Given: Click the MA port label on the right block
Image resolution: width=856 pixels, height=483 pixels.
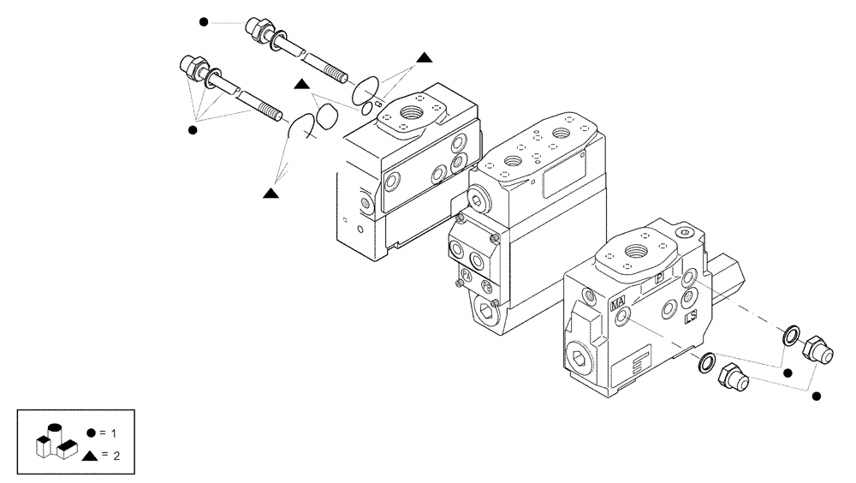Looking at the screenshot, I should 618,303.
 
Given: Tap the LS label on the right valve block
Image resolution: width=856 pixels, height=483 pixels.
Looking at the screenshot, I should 691,317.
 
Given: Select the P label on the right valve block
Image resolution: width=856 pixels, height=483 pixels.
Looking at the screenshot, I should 659,278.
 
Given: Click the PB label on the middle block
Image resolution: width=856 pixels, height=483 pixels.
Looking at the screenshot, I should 487,285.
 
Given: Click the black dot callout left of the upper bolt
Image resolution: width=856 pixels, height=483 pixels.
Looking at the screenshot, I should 203,21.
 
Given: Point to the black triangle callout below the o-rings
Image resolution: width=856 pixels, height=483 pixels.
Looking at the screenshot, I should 270,194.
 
